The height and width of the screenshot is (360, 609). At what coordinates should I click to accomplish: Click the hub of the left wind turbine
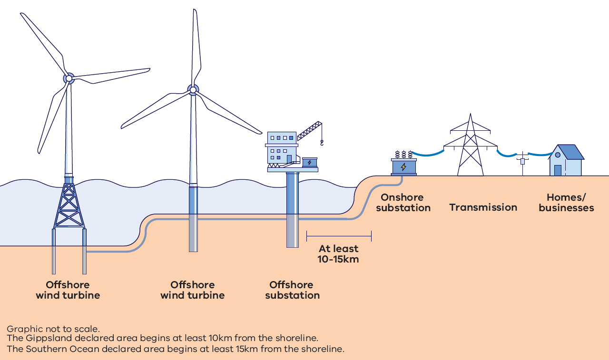pyautogui.click(x=69, y=78)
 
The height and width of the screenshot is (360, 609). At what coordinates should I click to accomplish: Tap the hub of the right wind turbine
pyautogui.click(x=193, y=89)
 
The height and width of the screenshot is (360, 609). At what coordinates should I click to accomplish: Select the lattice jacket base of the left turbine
pyautogui.click(x=69, y=204)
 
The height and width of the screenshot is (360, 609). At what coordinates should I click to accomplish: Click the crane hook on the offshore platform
pyautogui.click(x=322, y=142)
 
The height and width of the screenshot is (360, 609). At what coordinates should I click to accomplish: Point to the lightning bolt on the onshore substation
pyautogui.click(x=403, y=167)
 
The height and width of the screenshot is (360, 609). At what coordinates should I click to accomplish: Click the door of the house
pyautogui.click(x=558, y=170)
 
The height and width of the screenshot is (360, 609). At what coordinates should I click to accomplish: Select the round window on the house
pyautogui.click(x=558, y=155)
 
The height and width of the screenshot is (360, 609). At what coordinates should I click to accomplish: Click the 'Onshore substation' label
pyautogui.click(x=403, y=203)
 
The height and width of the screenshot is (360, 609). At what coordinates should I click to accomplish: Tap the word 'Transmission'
pyautogui.click(x=483, y=207)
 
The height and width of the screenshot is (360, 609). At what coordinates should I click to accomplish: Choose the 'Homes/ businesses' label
pyautogui.click(x=566, y=203)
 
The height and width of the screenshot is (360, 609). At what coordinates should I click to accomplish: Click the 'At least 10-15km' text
pyautogui.click(x=338, y=254)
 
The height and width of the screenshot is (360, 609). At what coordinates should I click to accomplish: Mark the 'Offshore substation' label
pyautogui.click(x=292, y=290)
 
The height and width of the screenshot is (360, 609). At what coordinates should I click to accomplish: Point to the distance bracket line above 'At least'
pyautogui.click(x=339, y=235)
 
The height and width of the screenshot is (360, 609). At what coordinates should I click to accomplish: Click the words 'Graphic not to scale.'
pyautogui.click(x=53, y=329)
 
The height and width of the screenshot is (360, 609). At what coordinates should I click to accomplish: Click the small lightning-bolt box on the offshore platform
pyautogui.click(x=310, y=163)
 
